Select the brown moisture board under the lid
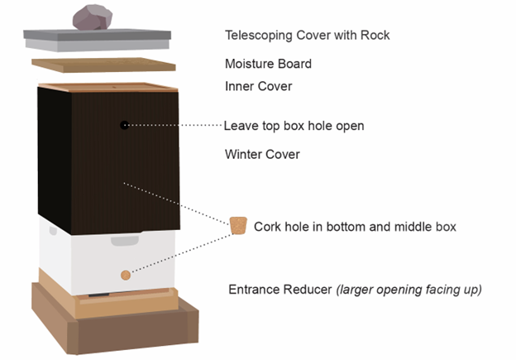pos(103,64)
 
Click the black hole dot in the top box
pos(124,125)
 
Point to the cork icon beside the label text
pos(238,225)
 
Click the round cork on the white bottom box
pos(126,275)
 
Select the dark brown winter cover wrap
pos(107,166)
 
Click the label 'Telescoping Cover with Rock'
pos(307,36)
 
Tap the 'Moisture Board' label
pos(268,64)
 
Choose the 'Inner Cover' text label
pos(258,85)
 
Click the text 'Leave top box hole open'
pos(294,126)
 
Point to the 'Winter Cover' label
pos(262,154)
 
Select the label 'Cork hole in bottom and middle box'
pos(355,226)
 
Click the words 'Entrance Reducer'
pos(278,290)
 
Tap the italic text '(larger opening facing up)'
pos(408,290)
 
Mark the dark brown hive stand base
pos(116,331)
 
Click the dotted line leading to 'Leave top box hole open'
pos(174,125)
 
